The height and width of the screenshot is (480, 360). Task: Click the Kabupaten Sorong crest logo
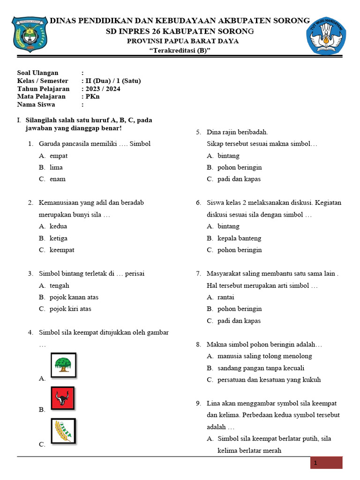(30, 35)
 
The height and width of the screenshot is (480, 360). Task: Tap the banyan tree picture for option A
(63, 365)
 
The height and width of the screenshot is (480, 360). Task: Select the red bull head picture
(63, 398)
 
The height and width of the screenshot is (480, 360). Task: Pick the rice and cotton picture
(63, 431)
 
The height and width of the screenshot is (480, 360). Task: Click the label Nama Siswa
(36, 105)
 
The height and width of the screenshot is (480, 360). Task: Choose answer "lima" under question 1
(56, 167)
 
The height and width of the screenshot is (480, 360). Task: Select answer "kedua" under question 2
(58, 226)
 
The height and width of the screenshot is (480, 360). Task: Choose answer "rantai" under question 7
(225, 297)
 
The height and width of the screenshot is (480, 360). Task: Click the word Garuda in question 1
(49, 143)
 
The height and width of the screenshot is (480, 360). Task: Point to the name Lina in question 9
(213, 403)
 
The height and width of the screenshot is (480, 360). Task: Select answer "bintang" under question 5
(228, 156)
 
